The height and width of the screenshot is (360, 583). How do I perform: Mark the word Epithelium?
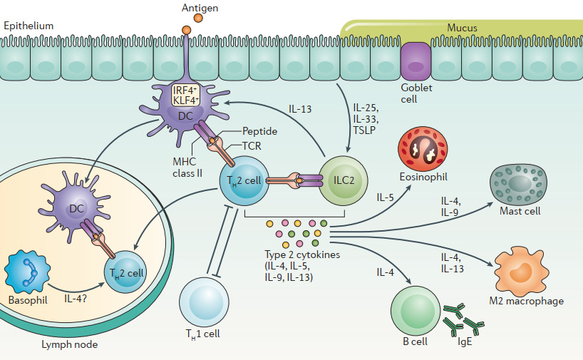click(29, 26)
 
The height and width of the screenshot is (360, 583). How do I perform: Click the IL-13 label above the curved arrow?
click(304, 110)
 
